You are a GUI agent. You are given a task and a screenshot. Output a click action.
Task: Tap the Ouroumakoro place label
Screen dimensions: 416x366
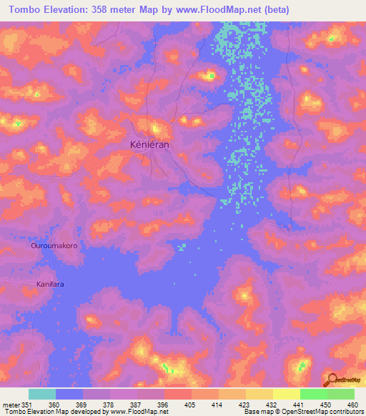click(x=54, y=246)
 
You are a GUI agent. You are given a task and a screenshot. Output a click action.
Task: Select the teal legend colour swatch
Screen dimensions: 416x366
click(x=42, y=394)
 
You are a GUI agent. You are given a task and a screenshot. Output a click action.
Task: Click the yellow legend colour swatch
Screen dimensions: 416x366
click(x=286, y=394)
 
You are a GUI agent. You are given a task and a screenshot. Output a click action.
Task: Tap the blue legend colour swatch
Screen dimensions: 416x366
click(x=69, y=394)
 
